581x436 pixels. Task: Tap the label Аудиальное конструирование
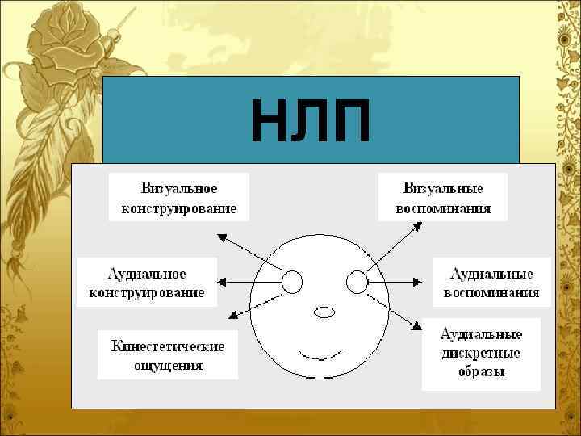147,282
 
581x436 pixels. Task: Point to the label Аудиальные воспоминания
491,282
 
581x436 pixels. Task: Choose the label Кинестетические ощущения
168,354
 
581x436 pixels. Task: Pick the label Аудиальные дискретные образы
480,353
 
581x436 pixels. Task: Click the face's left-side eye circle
291,282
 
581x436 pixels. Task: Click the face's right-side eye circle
356,282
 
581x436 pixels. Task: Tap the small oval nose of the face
324,311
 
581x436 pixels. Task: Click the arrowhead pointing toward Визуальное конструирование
222,235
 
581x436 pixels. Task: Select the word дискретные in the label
480,353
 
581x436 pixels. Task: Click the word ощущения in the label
168,364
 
